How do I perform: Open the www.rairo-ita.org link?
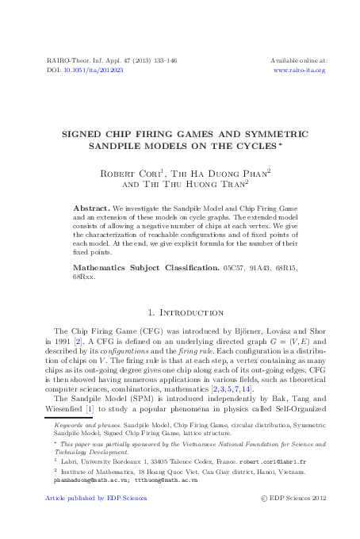pos(299,70)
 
